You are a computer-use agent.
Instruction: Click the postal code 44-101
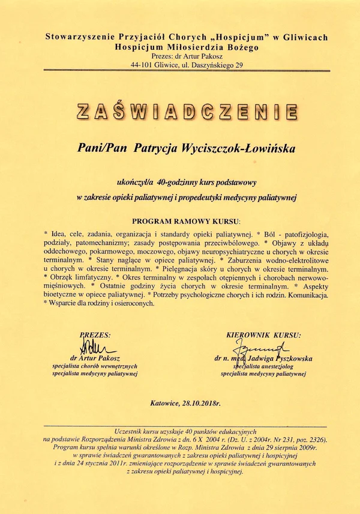(151, 65)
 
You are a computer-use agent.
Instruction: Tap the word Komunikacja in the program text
(308, 295)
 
